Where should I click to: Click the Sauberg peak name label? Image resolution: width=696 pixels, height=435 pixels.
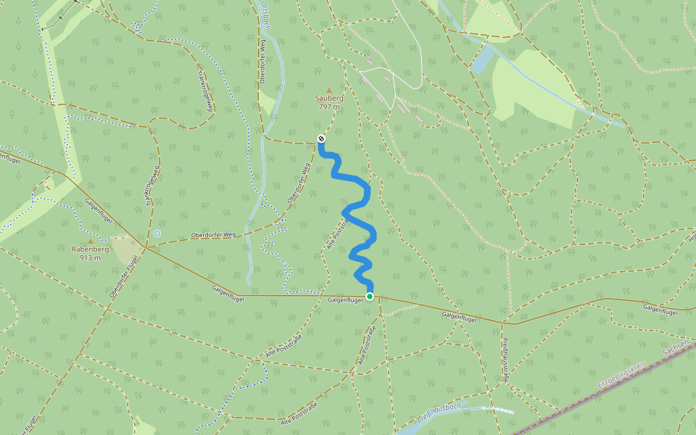[x=329, y=98]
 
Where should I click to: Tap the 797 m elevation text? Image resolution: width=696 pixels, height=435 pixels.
[x=329, y=107]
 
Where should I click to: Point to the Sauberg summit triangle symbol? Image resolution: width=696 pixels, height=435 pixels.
[x=328, y=90]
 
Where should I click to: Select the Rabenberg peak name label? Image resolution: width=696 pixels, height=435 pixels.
[x=91, y=249]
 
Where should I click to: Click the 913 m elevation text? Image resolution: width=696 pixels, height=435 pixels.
[x=91, y=257]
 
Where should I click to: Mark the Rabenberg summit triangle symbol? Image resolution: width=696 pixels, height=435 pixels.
[x=91, y=241]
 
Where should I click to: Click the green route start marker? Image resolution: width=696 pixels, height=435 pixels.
[x=370, y=296]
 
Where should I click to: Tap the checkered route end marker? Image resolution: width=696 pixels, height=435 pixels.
[x=321, y=138]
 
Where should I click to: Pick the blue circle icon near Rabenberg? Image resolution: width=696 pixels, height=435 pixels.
[x=157, y=233]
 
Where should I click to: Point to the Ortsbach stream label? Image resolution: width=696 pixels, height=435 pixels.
[x=265, y=13]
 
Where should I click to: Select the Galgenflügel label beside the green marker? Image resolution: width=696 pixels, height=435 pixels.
[x=344, y=300]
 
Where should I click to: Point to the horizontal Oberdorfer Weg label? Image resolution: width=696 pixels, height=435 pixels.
[x=213, y=235]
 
